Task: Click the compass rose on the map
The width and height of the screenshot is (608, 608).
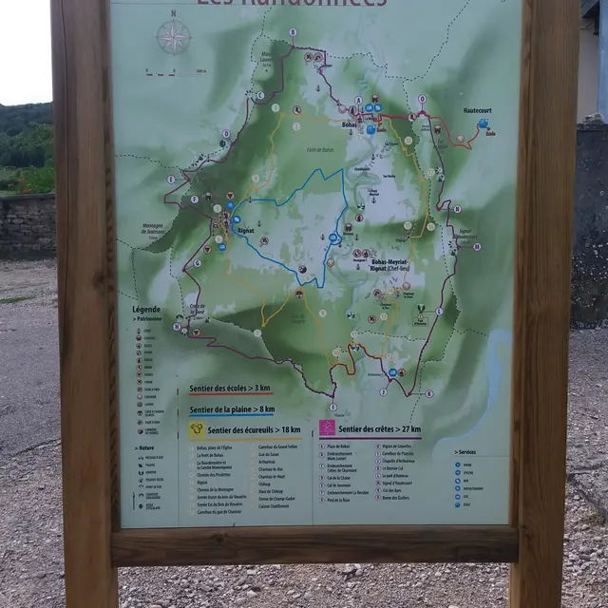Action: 173,37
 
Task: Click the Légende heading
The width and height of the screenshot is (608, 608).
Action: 146,310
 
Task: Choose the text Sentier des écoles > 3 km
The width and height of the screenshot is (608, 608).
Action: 230,388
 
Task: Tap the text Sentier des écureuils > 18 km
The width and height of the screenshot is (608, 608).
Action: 251,429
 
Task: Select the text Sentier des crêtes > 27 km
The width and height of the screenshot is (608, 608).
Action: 378,429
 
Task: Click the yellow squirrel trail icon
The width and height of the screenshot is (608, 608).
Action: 197,429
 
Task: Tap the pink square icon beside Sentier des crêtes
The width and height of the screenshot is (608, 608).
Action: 327,427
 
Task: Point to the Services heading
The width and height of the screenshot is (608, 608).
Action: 465,452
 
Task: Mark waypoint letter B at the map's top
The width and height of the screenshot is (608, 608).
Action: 293,31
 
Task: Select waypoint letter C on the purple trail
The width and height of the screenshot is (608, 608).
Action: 259,95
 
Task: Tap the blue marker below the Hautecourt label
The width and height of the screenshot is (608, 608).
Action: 483,123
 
